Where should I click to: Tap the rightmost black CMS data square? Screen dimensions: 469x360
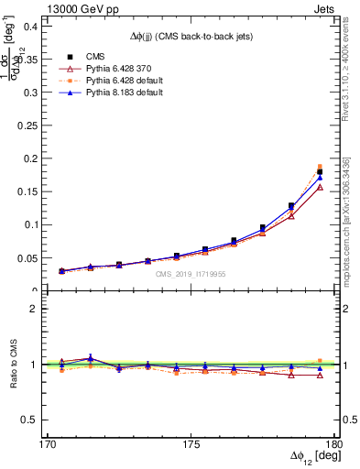320,171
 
